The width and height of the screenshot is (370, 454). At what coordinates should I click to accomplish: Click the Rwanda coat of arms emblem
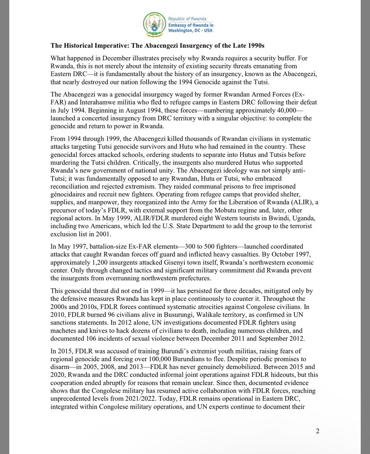[x=154, y=24]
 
